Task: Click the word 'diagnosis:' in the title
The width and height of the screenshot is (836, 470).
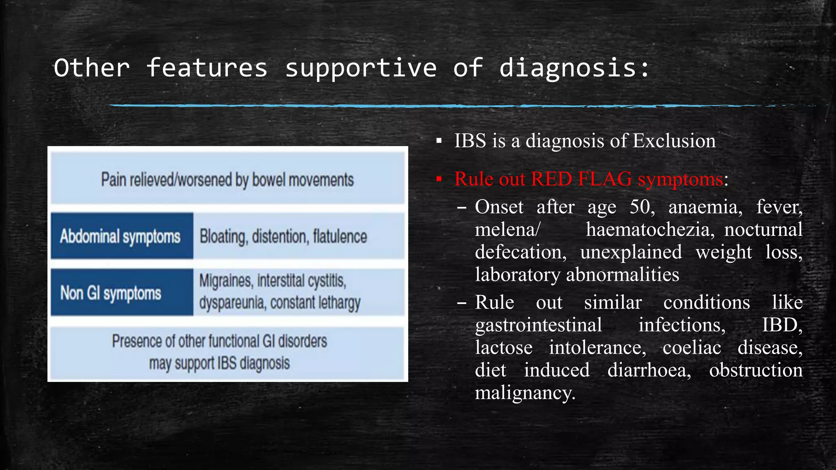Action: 574,68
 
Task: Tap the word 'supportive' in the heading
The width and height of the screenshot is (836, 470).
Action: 361,68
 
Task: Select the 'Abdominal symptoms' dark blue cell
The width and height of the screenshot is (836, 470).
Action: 121,236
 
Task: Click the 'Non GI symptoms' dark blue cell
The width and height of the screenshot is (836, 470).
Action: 121,293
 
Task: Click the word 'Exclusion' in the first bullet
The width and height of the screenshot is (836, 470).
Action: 674,141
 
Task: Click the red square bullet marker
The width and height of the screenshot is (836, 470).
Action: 439,179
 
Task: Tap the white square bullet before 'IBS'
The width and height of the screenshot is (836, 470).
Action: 439,142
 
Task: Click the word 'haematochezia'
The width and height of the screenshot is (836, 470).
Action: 650,230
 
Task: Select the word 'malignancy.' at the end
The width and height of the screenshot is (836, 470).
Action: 525,393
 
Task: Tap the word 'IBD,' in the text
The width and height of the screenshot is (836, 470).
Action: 782,326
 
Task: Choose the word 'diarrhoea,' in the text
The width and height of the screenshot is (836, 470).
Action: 649,370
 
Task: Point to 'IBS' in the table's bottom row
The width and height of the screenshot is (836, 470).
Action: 227,363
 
